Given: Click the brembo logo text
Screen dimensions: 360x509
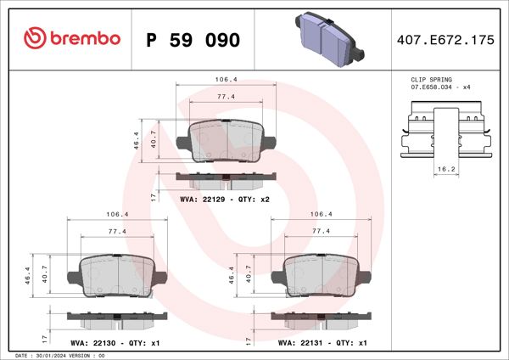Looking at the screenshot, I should pos(74,39).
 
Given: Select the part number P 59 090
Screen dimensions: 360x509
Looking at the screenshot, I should pos(193,40).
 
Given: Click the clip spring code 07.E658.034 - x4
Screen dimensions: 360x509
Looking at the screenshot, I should pos(439,87).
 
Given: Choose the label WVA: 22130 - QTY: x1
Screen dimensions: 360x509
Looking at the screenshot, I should pos(116,343).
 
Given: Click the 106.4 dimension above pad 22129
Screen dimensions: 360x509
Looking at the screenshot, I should pos(226,79).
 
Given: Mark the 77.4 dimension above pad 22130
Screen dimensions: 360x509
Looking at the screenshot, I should pos(117,231).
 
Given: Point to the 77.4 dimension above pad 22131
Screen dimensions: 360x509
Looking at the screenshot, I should pos(321,231).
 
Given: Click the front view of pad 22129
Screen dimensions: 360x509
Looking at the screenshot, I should pos(226,139).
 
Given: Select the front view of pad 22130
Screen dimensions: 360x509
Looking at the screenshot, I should pos(116,277).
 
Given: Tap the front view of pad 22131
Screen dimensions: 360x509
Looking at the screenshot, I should pos(321,277).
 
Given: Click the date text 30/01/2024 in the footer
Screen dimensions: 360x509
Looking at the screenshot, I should pos(56,355).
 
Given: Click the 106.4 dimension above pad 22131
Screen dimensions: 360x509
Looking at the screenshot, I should pos(321,215).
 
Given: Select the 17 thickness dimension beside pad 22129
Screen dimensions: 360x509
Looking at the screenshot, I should pos(153,196).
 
